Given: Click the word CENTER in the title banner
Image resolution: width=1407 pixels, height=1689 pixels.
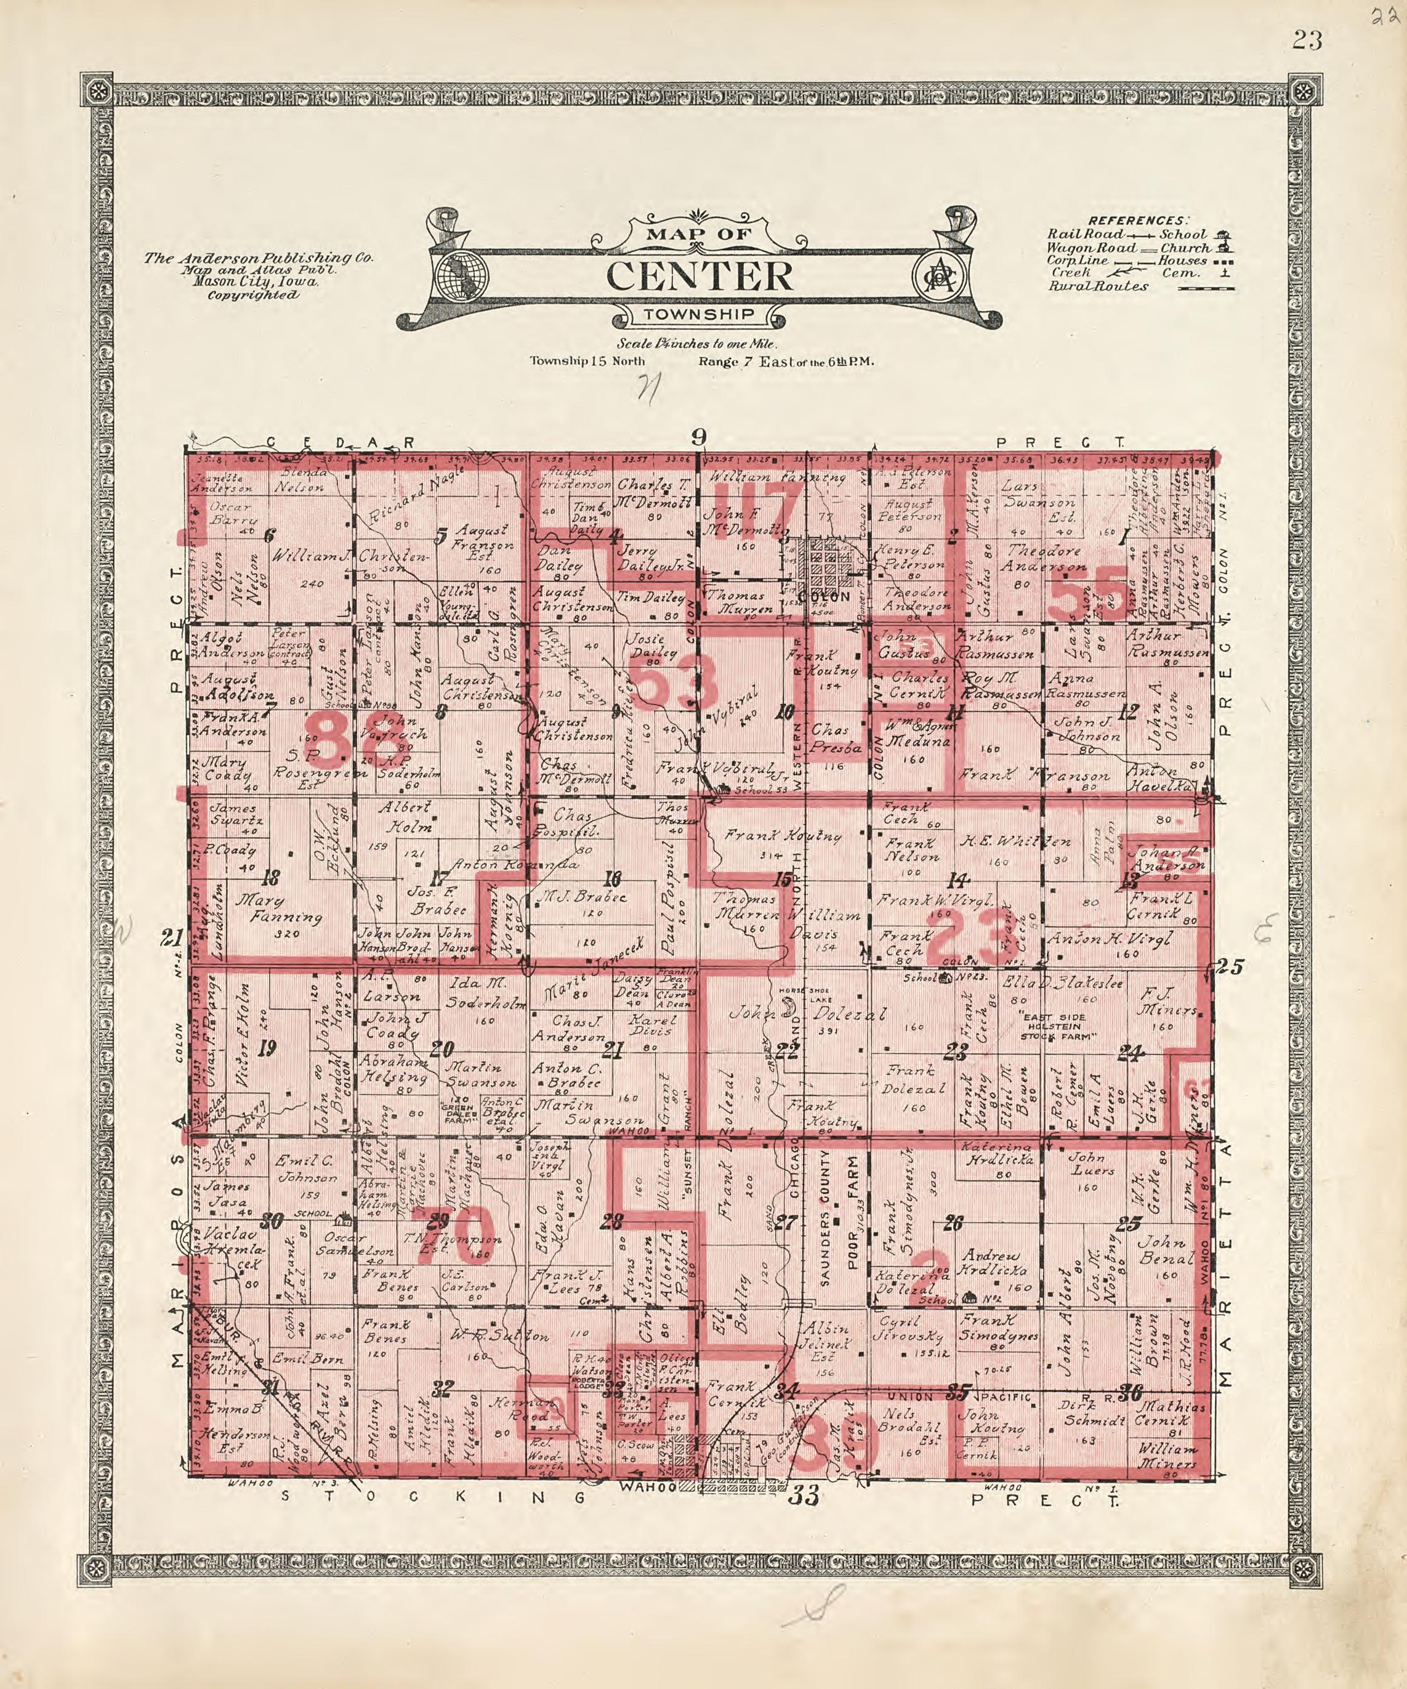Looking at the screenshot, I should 699,276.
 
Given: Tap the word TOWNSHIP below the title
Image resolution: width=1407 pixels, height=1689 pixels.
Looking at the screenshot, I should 699,315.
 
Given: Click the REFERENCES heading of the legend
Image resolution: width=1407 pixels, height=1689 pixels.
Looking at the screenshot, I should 1137,221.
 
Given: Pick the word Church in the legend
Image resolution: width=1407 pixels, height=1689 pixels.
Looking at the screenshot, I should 1184,248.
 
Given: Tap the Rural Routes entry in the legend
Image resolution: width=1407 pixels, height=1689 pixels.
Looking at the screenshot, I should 1097,286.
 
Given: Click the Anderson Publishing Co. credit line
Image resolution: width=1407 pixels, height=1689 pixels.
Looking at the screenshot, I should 258,258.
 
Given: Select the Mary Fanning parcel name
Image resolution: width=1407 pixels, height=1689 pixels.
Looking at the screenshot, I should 278,909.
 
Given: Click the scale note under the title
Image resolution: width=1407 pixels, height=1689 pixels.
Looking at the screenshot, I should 697,344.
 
